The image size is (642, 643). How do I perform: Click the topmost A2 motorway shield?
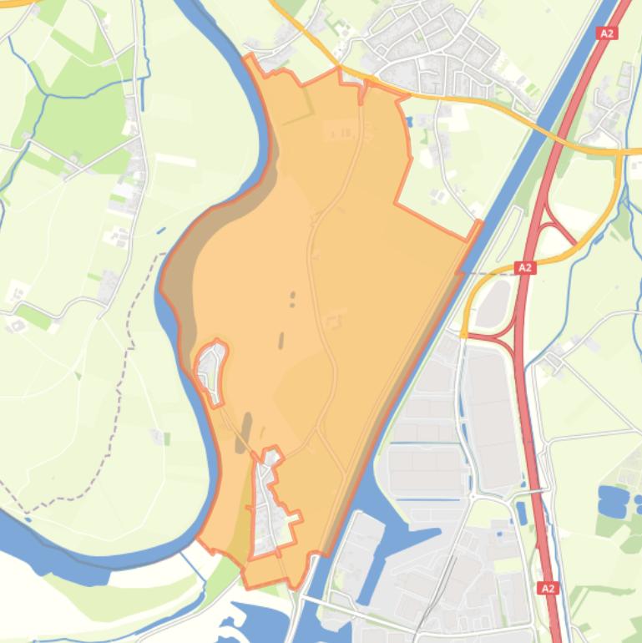pyautogui.click(x=607, y=33)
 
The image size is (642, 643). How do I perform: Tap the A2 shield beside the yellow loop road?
pyautogui.click(x=524, y=268)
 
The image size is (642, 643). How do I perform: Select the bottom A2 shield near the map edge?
pyautogui.click(x=548, y=589)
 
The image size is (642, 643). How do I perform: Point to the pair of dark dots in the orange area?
pyautogui.click(x=291, y=298)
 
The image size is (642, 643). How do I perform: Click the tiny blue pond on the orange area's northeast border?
pyautogui.click(x=408, y=123)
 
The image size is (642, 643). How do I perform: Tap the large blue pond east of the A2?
pyautogui.click(x=614, y=500)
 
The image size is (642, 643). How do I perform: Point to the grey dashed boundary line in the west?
pyautogui.click(x=125, y=376)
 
